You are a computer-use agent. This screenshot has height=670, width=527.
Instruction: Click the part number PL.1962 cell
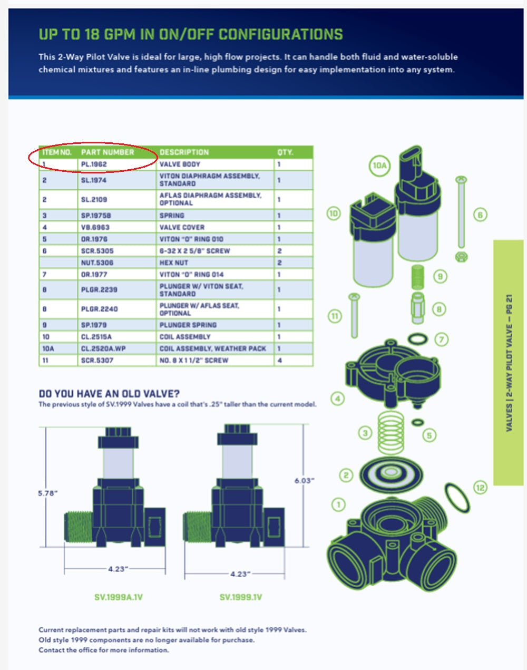[94, 164]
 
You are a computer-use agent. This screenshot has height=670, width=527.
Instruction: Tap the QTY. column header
[285, 152]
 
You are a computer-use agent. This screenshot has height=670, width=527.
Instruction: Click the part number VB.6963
[95, 227]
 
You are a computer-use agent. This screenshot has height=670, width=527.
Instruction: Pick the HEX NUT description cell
[174, 263]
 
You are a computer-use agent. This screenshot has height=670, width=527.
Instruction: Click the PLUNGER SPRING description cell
[188, 325]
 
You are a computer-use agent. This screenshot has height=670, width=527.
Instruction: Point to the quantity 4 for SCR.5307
[280, 361]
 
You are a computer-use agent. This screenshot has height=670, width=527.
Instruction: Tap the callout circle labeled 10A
[379, 166]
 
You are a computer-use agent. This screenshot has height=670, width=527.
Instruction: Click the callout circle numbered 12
[480, 488]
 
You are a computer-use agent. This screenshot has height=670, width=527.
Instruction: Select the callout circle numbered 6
[480, 215]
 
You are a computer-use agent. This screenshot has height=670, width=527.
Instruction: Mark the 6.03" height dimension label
[304, 480]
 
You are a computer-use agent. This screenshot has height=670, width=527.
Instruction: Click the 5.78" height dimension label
[47, 493]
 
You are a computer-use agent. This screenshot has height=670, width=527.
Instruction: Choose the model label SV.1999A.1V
[119, 597]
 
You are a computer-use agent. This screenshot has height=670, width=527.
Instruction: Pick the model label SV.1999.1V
[241, 597]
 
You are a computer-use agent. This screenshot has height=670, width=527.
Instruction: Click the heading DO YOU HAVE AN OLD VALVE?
[109, 394]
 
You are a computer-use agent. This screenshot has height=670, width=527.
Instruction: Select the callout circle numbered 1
[338, 504]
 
